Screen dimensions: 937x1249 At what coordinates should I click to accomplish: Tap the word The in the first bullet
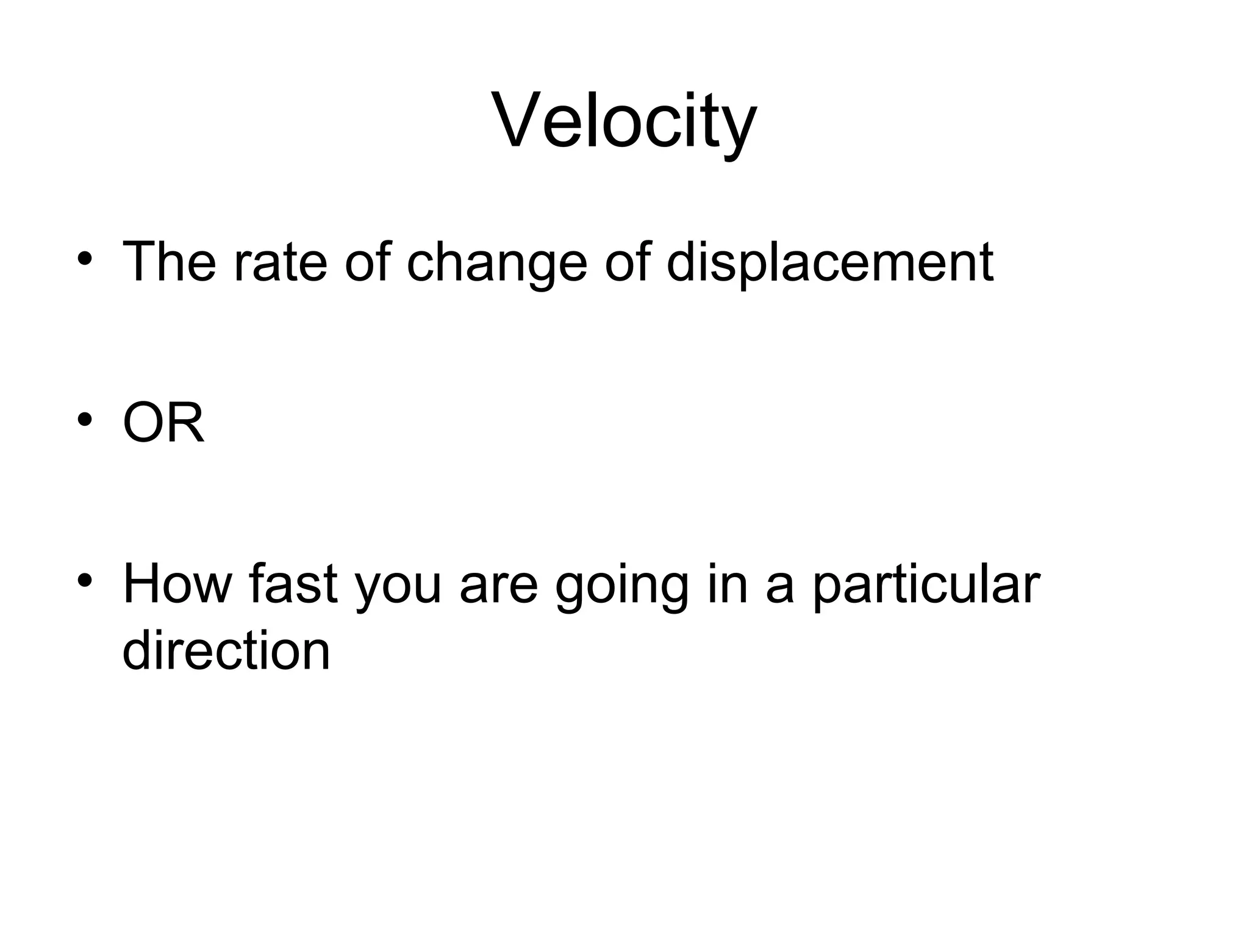click(x=169, y=262)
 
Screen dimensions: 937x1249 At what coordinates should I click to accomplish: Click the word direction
click(x=226, y=650)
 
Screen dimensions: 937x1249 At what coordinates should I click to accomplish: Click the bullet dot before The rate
click(x=85, y=259)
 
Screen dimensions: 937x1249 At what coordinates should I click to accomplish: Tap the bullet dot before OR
click(x=85, y=420)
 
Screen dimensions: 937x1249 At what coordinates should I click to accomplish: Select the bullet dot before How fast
click(x=85, y=580)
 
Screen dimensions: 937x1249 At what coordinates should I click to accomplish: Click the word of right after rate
click(x=367, y=262)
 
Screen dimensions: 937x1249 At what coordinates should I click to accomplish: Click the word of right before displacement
click(x=628, y=262)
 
